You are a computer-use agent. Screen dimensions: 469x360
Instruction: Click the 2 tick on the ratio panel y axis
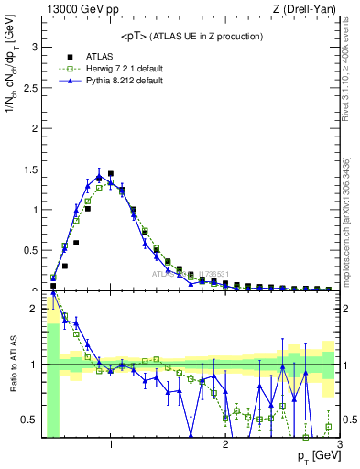coord(34,309)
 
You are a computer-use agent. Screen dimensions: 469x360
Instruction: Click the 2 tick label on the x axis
coord(225,445)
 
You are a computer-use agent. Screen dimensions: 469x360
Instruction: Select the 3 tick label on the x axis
coord(339,445)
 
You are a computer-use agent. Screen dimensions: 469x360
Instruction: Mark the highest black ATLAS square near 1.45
coord(111,173)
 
